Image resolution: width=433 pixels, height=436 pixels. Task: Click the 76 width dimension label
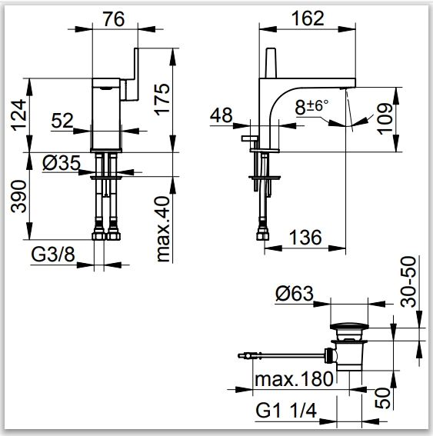114,19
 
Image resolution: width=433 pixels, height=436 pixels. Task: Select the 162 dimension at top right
308,18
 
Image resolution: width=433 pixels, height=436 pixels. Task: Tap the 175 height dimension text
162,99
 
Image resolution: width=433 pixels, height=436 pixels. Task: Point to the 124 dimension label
18,115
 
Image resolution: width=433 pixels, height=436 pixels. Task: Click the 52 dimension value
62,121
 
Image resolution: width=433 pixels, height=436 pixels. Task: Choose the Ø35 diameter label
62,163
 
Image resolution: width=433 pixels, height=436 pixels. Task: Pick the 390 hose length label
18,196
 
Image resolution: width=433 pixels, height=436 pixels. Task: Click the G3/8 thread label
53,255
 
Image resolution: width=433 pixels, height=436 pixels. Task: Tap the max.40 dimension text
163,229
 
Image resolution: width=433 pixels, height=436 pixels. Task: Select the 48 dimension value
221,115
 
